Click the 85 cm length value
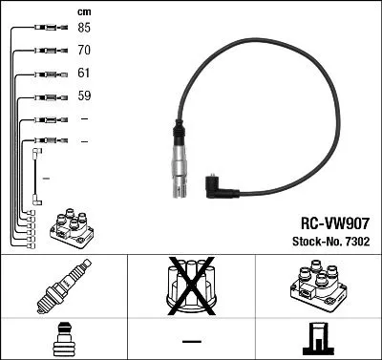(x=85, y=28)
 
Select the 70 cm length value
(x=85, y=50)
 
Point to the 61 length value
(x=85, y=73)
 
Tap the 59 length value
(x=85, y=95)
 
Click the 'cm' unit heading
(x=84, y=11)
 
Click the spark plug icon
(x=63, y=286)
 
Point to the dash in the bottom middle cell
(x=191, y=341)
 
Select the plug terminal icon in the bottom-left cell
(x=63, y=340)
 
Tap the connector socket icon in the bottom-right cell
(x=317, y=339)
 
